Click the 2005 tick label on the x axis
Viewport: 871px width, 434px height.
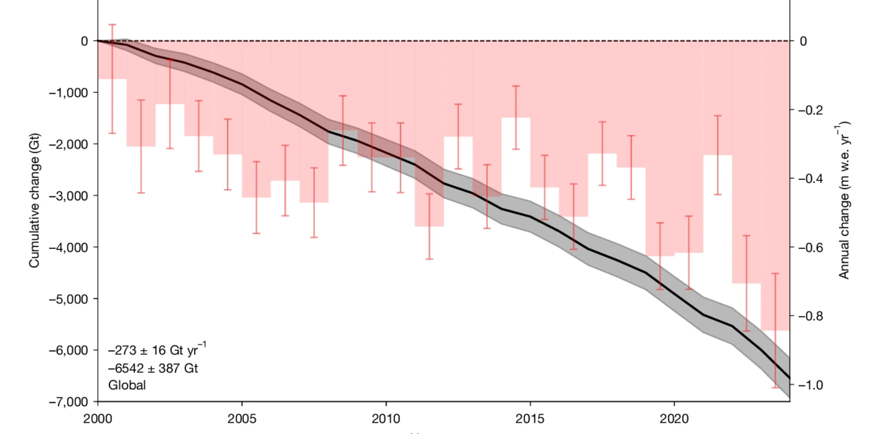[x=242, y=419]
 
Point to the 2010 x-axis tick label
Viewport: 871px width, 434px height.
[x=386, y=419]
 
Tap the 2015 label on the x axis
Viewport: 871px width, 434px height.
[x=530, y=419]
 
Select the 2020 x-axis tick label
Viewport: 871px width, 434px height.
[x=674, y=419]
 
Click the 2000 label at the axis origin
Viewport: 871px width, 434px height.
[x=98, y=419]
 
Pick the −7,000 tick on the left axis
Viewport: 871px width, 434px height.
[x=68, y=402]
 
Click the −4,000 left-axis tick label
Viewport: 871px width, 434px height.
[x=68, y=247]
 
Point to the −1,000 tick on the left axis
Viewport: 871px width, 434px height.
[x=68, y=93]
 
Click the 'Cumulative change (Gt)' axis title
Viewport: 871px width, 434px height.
[x=34, y=200]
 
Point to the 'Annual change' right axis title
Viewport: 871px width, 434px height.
[x=844, y=200]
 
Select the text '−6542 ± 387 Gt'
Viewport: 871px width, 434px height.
[x=153, y=368]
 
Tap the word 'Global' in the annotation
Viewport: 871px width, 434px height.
[x=127, y=385]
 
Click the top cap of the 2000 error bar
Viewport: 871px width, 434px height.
[x=112, y=24]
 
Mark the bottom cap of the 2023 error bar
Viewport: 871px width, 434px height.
[x=775, y=388]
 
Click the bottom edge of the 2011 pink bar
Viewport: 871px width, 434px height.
[x=429, y=226]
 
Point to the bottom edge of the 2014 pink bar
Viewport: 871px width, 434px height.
[x=516, y=118]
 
